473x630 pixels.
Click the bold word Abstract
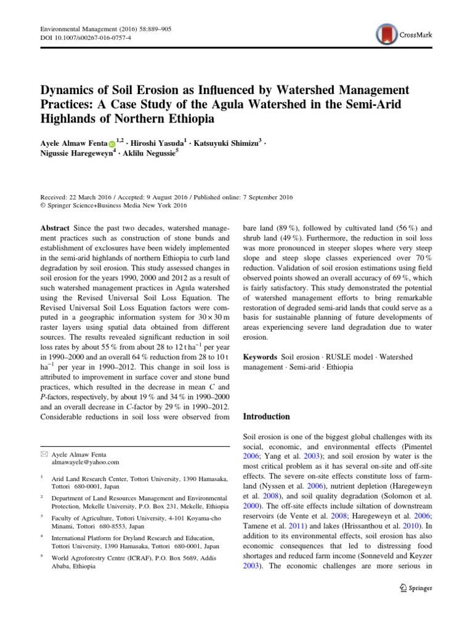tap(55, 227)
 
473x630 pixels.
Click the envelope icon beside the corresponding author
tap(43, 453)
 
